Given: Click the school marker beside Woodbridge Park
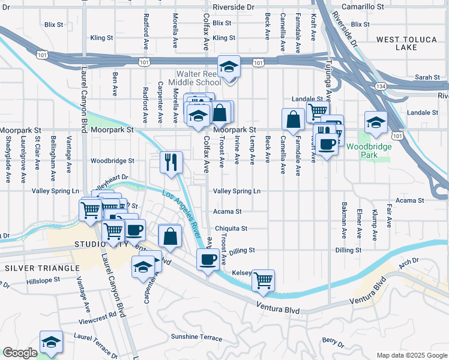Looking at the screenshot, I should (376, 122).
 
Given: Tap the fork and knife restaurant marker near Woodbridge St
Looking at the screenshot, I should (171, 161).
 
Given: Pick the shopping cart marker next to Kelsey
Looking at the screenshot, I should (263, 280).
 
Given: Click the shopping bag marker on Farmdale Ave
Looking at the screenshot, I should (294, 119).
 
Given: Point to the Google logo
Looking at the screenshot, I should (20, 353).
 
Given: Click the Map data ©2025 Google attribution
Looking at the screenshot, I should (411, 355).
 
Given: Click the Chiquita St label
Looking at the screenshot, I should (231, 229).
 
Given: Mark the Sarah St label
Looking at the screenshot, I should (427, 77).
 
